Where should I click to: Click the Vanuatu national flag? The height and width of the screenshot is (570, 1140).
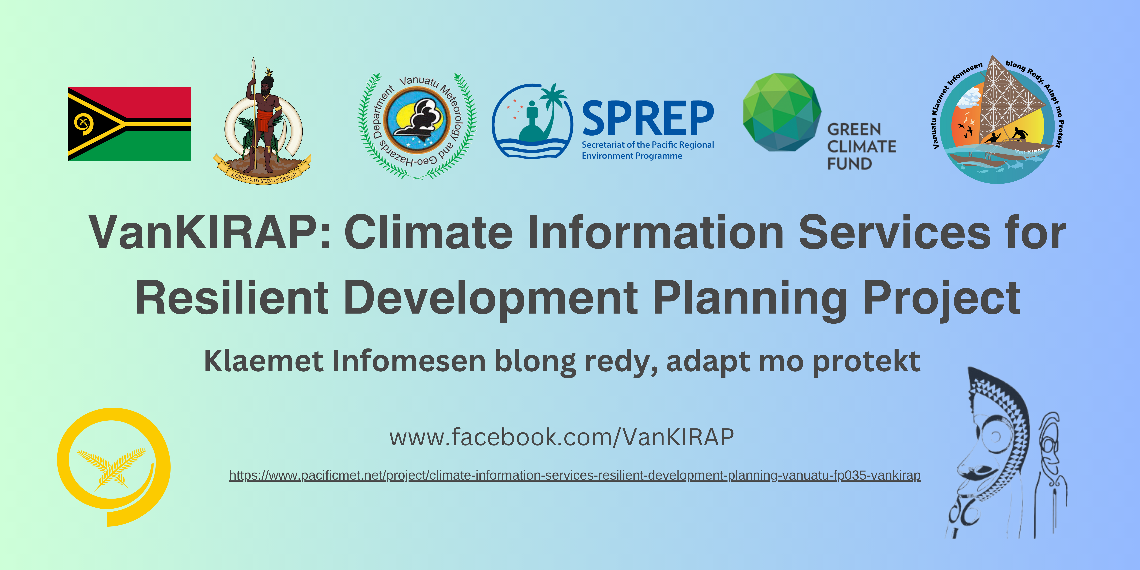129,124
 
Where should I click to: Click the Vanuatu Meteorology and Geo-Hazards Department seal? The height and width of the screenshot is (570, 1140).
417,126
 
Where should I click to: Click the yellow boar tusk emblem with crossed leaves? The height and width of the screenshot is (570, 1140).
114,467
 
